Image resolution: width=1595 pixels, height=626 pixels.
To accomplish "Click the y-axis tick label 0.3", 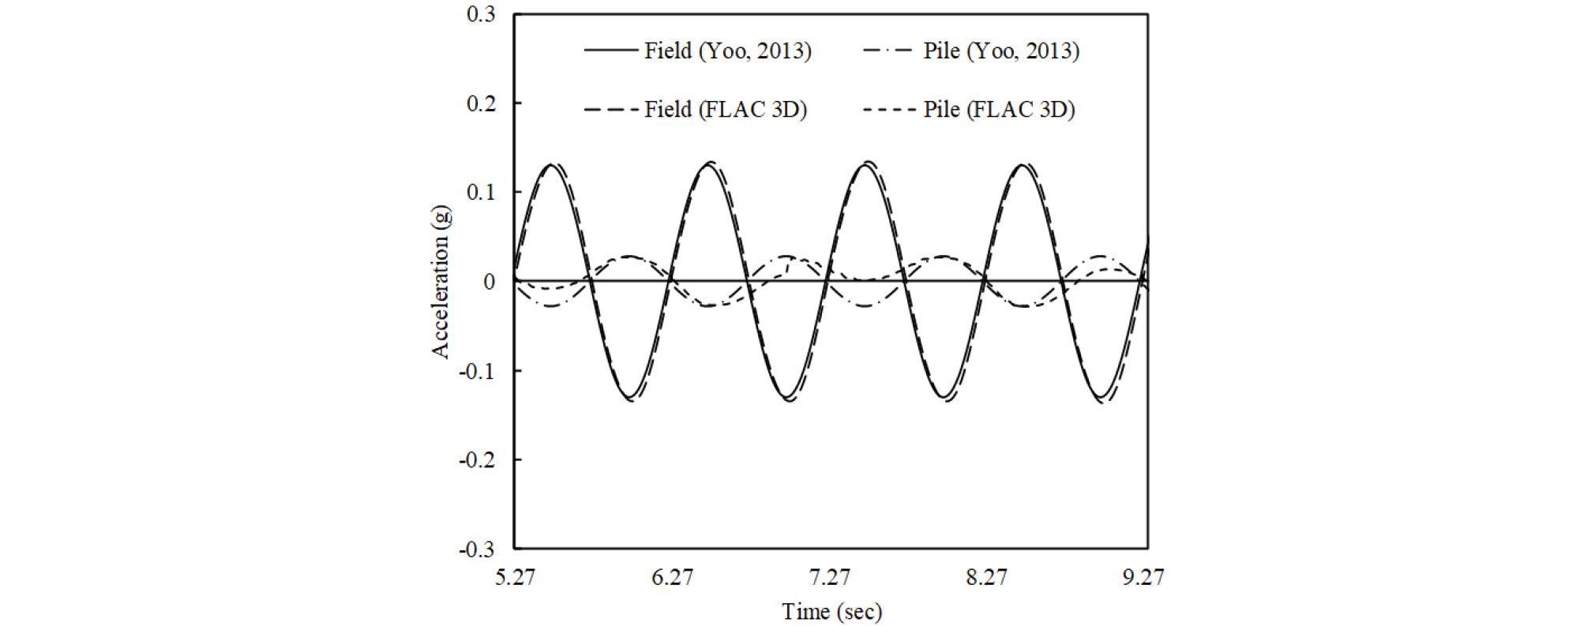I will click(x=481, y=14).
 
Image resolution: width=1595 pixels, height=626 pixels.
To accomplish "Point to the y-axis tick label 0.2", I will click(x=481, y=103).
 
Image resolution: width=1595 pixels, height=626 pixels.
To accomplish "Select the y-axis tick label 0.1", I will click(x=481, y=193).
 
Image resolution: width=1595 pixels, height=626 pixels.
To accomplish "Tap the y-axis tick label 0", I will click(x=490, y=282).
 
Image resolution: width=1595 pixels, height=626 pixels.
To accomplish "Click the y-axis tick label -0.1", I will click(x=478, y=371).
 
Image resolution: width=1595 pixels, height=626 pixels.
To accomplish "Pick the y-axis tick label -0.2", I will click(x=478, y=460).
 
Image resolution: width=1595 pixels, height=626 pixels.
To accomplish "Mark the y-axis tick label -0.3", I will click(x=478, y=549).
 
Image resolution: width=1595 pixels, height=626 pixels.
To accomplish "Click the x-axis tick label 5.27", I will click(x=515, y=578).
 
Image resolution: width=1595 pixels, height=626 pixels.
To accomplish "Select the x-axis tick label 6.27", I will click(x=672, y=578).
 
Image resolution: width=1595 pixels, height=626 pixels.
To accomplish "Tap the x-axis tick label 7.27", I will click(x=830, y=578).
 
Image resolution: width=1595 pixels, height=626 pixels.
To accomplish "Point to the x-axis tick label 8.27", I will click(x=987, y=578).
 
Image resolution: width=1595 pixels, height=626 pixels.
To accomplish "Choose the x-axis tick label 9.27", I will click(x=1143, y=578).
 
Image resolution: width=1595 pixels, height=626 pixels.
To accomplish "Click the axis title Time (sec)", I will click(x=831, y=612).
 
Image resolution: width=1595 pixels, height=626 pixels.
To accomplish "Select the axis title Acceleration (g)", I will click(x=441, y=282).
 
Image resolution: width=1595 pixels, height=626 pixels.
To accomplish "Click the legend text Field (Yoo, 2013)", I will click(x=727, y=51).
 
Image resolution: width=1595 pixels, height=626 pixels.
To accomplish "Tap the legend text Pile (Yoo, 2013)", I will click(x=1001, y=51).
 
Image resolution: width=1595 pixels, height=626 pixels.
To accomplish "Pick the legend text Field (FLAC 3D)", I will click(x=725, y=110).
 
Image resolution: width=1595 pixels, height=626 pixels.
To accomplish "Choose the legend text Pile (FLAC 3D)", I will click(x=999, y=110).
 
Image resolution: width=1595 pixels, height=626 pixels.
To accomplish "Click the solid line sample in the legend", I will click(x=611, y=51).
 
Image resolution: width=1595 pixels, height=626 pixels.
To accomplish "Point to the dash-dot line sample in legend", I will click(x=888, y=51).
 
